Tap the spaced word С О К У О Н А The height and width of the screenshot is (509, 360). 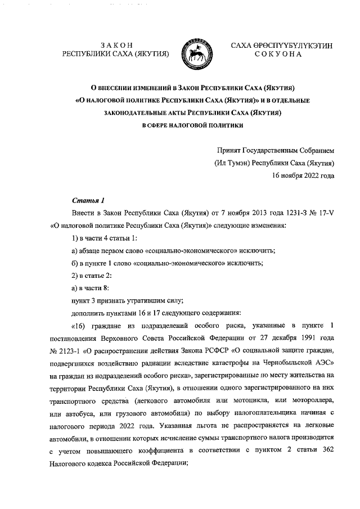(x=278, y=55)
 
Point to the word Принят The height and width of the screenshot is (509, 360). (x=228, y=151)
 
